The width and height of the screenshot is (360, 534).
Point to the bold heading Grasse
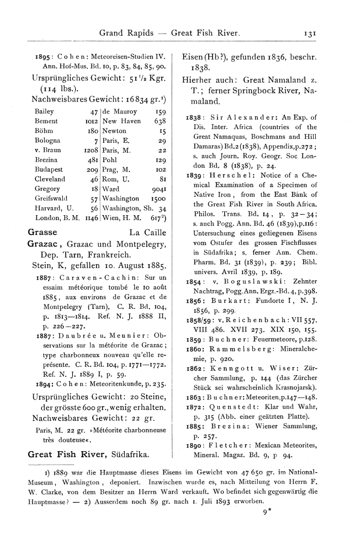click(x=41, y=233)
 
